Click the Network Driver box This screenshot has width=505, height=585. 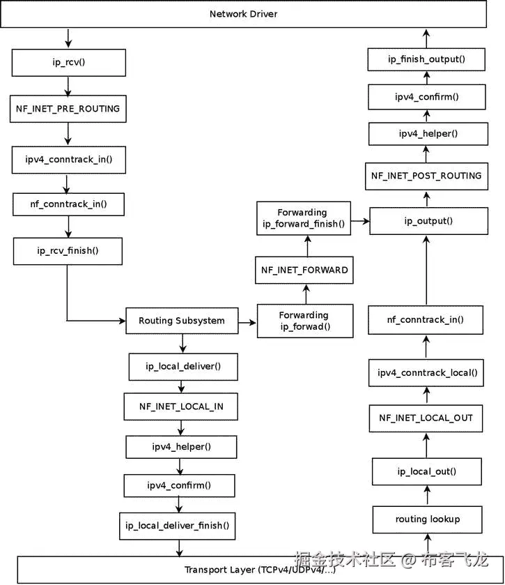click(243, 14)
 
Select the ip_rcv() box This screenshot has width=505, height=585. click(68, 62)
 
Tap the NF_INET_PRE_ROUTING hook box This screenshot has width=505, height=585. click(68, 109)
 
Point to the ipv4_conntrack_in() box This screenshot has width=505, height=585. click(68, 159)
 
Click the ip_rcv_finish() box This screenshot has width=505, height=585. click(68, 251)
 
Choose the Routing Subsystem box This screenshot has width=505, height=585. click(182, 321)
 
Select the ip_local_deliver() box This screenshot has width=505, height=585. click(183, 366)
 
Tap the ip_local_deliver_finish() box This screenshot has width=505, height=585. click(177, 525)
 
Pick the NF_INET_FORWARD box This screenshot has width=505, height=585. click(304, 270)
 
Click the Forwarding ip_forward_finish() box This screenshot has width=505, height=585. click(302, 218)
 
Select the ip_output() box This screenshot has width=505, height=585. click(428, 221)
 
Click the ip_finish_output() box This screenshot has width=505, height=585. click(426, 59)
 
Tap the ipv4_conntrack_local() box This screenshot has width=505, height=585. click(427, 372)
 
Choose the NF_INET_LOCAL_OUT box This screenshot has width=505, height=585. click(426, 418)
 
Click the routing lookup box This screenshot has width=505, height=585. click(427, 519)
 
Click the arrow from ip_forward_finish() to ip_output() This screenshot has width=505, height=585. click(359, 222)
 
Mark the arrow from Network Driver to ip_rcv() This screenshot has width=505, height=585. click(68, 38)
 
